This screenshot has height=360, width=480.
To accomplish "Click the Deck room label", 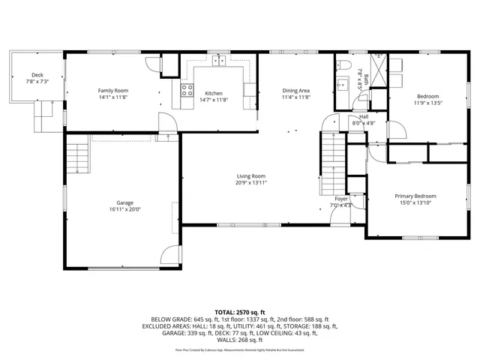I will click(37, 74).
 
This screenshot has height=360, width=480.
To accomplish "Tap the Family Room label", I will click(113, 91).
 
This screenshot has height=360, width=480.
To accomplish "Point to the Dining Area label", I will click(295, 91).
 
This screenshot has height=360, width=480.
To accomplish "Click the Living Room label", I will click(250, 175).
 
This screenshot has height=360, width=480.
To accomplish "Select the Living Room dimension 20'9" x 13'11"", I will click(250, 182).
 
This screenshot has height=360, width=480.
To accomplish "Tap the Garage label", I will click(124, 202).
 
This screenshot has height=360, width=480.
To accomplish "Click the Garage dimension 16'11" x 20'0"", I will click(124, 209).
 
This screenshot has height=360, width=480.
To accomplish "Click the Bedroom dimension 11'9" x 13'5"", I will click(428, 103).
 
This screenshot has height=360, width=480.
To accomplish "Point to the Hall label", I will click(363, 116).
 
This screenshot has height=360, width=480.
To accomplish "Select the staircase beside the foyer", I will click(332, 161).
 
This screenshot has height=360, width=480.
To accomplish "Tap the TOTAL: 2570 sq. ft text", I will click(240, 311).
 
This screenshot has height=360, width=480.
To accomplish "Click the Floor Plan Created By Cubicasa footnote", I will click(240, 349).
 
